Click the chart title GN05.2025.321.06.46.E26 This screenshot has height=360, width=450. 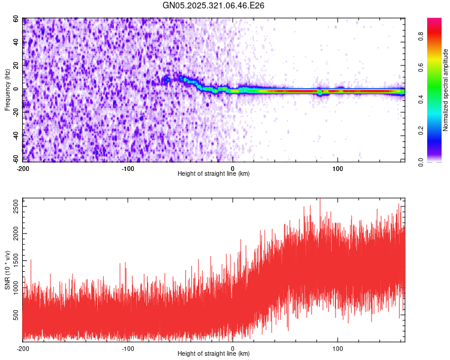214,5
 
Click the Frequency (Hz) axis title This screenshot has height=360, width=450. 7,90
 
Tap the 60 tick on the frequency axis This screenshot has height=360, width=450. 16,19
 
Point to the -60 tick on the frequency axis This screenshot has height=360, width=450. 15,159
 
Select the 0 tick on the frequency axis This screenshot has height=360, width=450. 19,89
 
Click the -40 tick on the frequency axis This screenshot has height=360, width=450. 15,136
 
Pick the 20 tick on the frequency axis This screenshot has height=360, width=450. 16,66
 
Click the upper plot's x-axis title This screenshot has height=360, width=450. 214,174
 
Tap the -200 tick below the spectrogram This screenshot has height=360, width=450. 23,168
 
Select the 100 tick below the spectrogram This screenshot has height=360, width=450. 338,168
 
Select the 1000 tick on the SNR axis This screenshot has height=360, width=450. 13,289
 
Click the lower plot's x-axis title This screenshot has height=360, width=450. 214,354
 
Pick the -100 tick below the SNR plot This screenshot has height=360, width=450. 128,348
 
